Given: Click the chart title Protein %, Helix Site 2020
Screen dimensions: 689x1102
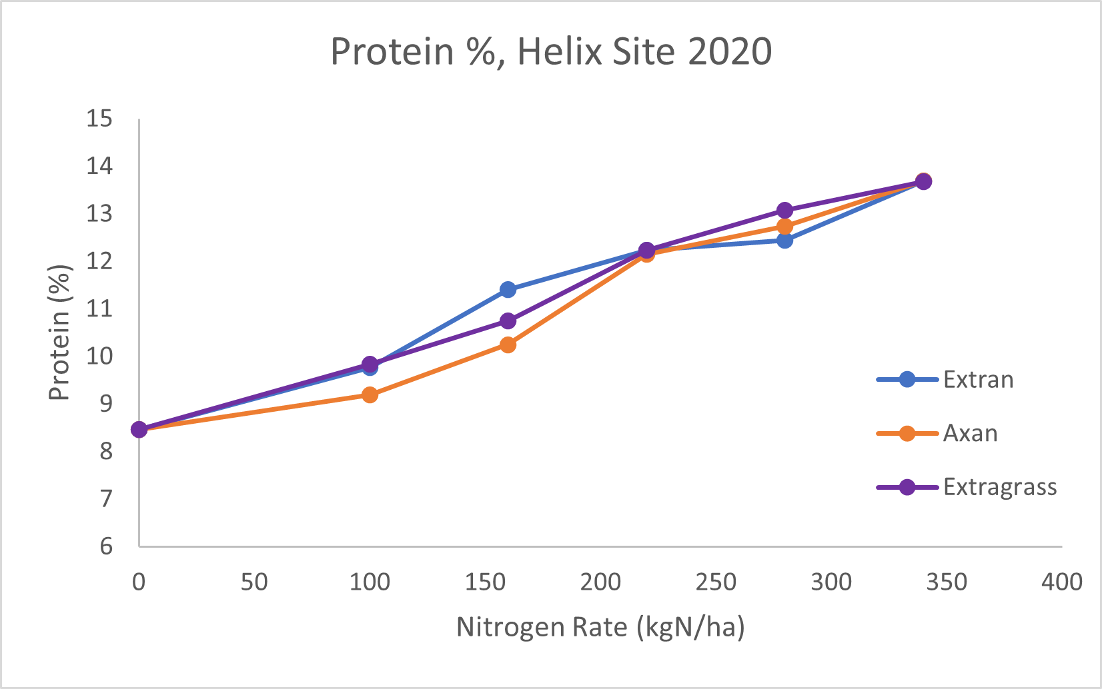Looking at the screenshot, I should pyautogui.click(x=551, y=51).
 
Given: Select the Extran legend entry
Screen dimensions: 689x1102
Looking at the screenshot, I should pyautogui.click(x=978, y=380).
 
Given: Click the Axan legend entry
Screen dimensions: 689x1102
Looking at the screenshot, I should pyautogui.click(x=970, y=434).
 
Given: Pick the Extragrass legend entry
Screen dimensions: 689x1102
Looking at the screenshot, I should pyautogui.click(x=999, y=487).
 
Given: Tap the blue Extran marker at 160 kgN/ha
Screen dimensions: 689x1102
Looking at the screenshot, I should pyautogui.click(x=508, y=289).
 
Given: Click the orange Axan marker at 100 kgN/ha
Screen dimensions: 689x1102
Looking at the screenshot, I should pyautogui.click(x=370, y=394).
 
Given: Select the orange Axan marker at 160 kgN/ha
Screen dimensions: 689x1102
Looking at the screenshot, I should pyautogui.click(x=508, y=344).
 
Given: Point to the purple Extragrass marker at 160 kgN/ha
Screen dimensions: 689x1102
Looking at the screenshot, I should pyautogui.click(x=508, y=321).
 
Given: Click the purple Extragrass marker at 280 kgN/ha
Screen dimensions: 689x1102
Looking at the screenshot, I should pyautogui.click(x=784, y=211).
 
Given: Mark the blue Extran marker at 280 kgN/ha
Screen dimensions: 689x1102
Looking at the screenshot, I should pyautogui.click(x=784, y=240).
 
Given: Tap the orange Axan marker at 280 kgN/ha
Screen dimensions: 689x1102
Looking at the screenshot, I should pyautogui.click(x=784, y=227).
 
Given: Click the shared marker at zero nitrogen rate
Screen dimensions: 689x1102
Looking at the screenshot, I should pyautogui.click(x=139, y=429).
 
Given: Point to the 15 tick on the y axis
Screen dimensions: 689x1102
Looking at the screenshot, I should pyautogui.click(x=99, y=119).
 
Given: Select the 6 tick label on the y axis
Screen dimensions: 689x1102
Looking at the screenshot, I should pyautogui.click(x=105, y=546).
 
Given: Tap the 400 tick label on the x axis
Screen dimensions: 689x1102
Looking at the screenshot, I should pyautogui.click(x=1061, y=582).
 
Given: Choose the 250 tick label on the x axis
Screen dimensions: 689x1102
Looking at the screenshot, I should pyautogui.click(x=715, y=582).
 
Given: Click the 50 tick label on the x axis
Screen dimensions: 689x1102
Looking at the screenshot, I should pyautogui.click(x=253, y=582).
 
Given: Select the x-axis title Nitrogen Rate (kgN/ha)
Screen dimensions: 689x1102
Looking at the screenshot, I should pyautogui.click(x=600, y=628).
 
